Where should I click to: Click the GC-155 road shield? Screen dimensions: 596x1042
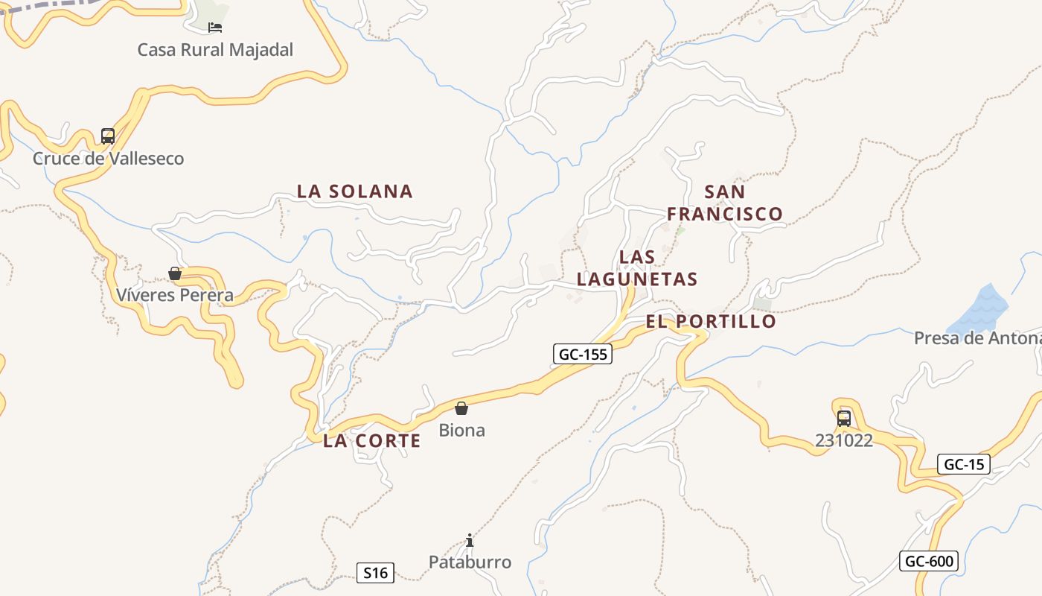click(583, 355)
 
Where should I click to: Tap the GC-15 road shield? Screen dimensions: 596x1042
click(964, 465)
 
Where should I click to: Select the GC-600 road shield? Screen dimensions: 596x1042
click(929, 561)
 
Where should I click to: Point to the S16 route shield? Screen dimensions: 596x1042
click(375, 573)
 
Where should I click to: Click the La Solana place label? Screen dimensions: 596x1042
click(355, 191)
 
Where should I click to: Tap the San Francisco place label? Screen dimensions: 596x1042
click(724, 203)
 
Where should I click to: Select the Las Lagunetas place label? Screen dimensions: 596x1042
click(637, 268)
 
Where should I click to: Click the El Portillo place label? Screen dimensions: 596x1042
click(711, 322)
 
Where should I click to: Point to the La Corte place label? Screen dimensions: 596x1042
click(372, 441)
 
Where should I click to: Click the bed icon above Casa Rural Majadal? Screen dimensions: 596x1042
click(215, 28)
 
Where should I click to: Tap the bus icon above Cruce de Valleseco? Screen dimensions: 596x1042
click(108, 136)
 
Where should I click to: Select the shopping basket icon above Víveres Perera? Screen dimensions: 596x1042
click(175, 273)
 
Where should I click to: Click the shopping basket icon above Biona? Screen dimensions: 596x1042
click(461, 408)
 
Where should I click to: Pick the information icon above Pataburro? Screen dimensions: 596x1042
click(470, 540)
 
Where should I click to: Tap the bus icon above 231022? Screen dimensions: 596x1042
click(843, 419)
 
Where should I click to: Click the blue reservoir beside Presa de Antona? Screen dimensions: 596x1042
click(981, 309)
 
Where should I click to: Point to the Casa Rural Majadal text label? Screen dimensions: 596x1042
click(215, 50)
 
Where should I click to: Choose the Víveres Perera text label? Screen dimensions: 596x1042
click(175, 296)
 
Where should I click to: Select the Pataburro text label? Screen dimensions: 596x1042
click(470, 562)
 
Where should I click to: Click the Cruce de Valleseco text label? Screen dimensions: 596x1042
click(108, 159)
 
